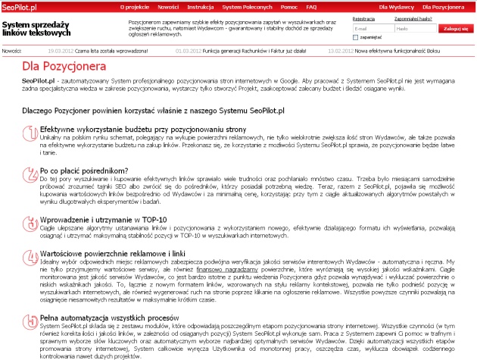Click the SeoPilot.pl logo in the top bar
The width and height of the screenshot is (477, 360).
(x=23, y=6)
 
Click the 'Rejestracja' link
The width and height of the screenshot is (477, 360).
(x=363, y=18)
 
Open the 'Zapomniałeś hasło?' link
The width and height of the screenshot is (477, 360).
(x=414, y=18)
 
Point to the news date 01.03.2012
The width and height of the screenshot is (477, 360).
(x=188, y=51)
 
